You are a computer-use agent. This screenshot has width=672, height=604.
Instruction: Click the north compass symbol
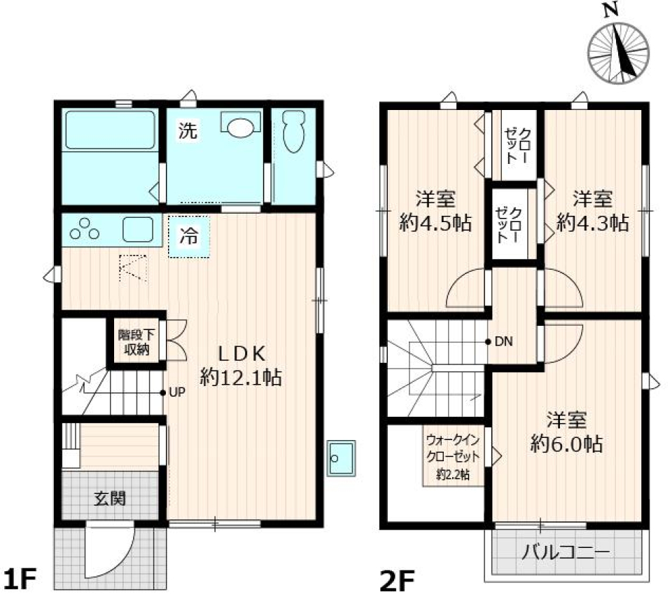tap(618, 51)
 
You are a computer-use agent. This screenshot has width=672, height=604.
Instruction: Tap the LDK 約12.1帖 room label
tap(241, 364)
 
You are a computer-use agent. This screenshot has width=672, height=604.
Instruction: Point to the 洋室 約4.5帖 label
tap(435, 211)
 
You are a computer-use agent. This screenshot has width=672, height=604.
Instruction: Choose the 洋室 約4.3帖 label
tap(592, 211)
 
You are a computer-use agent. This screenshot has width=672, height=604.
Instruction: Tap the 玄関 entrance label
tap(110, 499)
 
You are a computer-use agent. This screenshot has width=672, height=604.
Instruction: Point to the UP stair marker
tap(176, 392)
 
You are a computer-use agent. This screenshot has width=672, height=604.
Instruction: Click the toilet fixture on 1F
tap(293, 133)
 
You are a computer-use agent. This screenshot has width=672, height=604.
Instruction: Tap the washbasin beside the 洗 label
tap(240, 126)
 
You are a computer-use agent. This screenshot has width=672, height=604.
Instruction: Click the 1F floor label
tap(20, 581)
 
